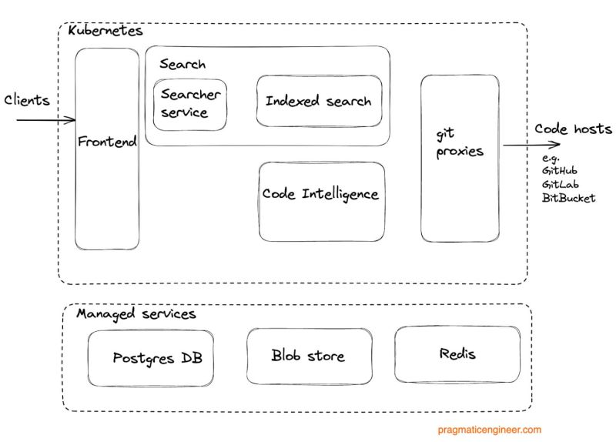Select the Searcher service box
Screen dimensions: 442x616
point(190,104)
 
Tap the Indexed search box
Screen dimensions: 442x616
point(318,101)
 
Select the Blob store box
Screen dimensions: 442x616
point(308,356)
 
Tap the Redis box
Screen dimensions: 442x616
point(457,354)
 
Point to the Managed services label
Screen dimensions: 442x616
point(136,313)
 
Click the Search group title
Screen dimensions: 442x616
point(182,64)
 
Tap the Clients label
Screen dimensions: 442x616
point(27,100)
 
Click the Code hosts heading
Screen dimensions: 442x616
point(573,129)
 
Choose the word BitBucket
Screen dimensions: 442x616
point(568,198)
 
